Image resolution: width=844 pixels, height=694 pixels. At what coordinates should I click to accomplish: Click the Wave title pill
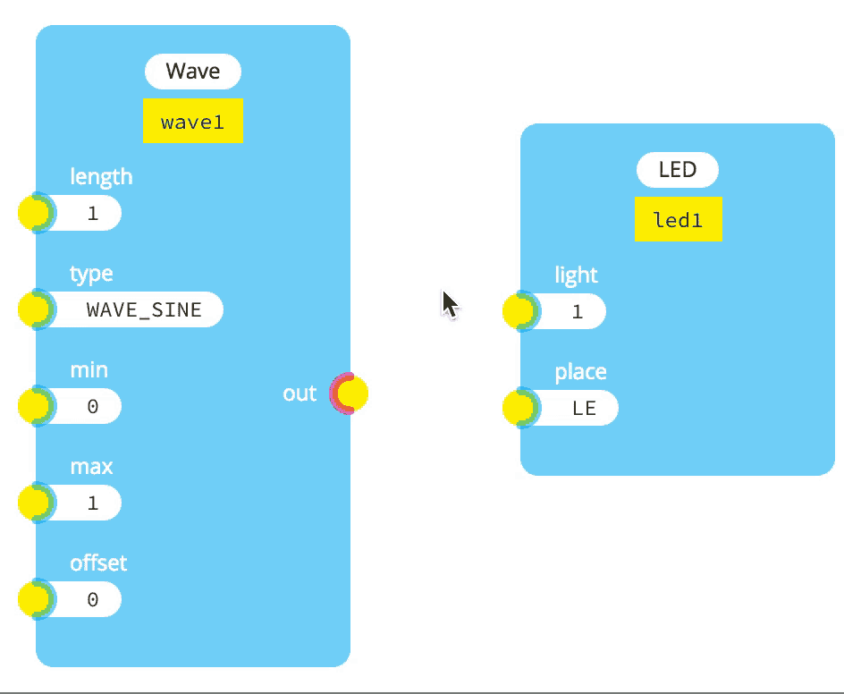[x=193, y=72]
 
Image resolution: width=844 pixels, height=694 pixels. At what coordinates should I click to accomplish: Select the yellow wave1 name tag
[x=193, y=121]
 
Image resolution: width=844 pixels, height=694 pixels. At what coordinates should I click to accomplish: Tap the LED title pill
[x=677, y=170]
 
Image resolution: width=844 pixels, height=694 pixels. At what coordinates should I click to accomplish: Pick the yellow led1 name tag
[x=678, y=219]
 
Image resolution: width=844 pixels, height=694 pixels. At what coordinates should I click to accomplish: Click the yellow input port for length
[x=34, y=213]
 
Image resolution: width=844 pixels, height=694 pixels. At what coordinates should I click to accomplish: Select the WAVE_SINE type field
[x=143, y=309]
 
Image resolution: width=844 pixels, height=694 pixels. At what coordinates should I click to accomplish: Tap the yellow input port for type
[x=34, y=309]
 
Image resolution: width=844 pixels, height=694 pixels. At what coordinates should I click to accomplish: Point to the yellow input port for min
[x=34, y=406]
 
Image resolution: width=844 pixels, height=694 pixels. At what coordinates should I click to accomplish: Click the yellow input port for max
[x=34, y=503]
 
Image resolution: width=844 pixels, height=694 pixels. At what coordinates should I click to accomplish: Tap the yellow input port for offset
[x=34, y=599]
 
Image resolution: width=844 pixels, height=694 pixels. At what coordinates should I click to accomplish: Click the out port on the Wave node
[x=350, y=394]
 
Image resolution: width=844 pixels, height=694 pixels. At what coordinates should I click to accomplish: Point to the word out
[x=300, y=394]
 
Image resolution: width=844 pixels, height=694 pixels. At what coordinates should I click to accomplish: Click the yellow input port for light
[x=519, y=311]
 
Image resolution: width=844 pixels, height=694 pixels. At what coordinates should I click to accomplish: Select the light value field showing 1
[x=576, y=311]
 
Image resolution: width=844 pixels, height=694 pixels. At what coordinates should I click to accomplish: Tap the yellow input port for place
[x=519, y=408]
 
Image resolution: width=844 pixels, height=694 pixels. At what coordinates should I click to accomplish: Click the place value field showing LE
[x=583, y=408]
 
